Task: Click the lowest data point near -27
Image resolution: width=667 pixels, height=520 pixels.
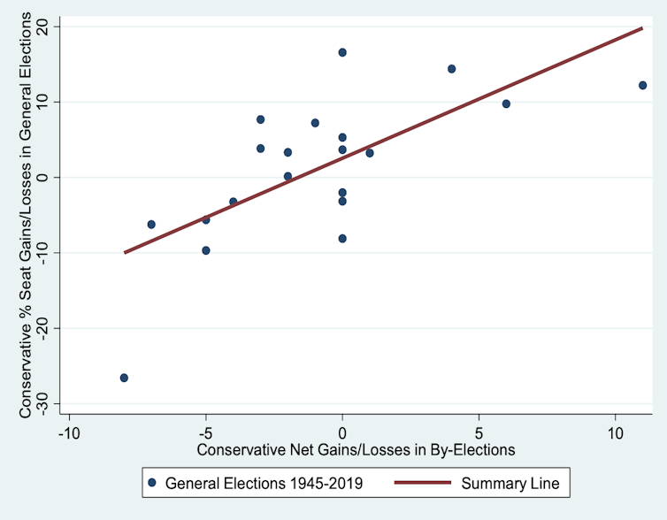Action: [124, 378]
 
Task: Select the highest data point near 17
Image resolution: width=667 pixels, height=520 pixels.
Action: [342, 52]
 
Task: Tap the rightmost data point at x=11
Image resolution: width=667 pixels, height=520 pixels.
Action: [642, 85]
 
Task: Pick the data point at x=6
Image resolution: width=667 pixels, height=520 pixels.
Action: [506, 103]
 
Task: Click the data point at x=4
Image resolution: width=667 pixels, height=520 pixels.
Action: [451, 69]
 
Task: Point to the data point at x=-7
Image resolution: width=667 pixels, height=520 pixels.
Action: [151, 225]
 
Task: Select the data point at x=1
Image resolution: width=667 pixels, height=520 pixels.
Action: [370, 153]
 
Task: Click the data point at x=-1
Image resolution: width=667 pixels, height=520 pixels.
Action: [315, 123]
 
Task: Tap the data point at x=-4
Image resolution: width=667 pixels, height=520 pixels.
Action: [234, 202]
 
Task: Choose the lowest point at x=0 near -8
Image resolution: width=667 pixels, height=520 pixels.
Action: [342, 239]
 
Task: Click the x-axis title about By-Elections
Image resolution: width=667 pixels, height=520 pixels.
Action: [356, 449]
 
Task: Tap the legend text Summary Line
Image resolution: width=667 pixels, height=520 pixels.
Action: [509, 483]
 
